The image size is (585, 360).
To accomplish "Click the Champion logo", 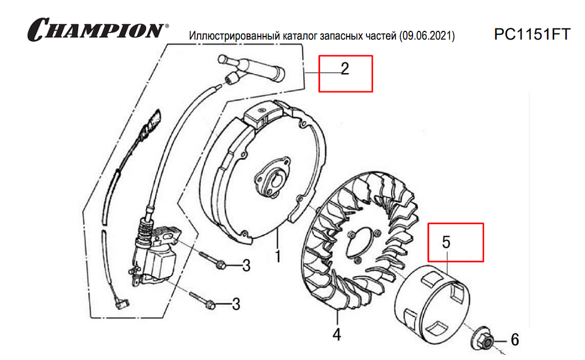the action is [x=98, y=30].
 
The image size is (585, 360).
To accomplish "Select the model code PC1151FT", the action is [x=532, y=34].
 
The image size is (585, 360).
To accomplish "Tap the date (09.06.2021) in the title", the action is [x=427, y=36].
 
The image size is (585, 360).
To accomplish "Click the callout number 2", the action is [x=345, y=68].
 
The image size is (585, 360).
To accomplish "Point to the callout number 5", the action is [x=446, y=242].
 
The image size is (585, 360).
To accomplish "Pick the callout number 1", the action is [x=278, y=256].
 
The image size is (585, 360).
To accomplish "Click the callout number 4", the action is [x=337, y=335].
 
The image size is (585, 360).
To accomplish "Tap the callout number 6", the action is [x=515, y=339].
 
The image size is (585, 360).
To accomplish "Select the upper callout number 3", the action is [x=246, y=266].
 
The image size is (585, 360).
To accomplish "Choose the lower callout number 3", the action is [x=236, y=304].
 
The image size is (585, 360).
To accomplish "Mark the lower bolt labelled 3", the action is [x=202, y=300].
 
